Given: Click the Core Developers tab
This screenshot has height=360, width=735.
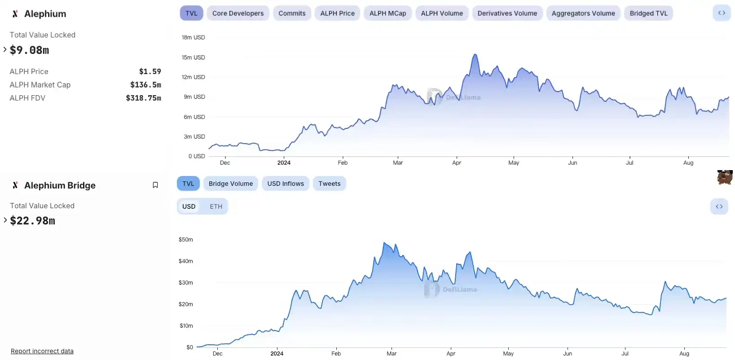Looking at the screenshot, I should tap(238, 13).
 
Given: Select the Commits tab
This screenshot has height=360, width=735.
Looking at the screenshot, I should tap(292, 13).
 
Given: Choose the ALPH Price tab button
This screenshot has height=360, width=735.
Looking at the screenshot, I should tap(337, 13).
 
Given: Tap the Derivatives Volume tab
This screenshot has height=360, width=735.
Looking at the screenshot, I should tap(507, 13).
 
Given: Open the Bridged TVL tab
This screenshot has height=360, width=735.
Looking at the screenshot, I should tap(648, 13).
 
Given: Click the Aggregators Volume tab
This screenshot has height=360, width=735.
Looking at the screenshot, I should tap(583, 13).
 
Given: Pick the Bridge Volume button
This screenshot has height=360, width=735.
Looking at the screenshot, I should tap(231, 184).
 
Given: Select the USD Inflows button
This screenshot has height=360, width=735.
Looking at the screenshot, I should tap(286, 184).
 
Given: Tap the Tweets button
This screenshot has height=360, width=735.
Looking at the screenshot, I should tap(330, 184).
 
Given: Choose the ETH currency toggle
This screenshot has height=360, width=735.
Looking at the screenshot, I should tap(216, 206).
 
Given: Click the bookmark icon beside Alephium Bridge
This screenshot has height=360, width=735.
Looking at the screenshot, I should tap(155, 185).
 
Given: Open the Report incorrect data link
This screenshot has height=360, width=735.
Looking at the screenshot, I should tap(42, 351).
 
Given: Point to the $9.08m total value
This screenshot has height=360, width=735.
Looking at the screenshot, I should tap(30, 50).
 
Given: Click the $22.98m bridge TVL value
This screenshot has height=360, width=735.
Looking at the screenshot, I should tap(33, 221).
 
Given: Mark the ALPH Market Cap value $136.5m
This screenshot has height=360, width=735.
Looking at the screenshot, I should tap(145, 85).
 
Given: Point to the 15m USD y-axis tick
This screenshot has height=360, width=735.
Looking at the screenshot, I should tap(193, 57).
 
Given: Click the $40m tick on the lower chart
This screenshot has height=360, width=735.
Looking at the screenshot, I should tap(186, 261).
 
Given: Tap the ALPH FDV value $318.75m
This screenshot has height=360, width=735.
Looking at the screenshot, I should tap(143, 98).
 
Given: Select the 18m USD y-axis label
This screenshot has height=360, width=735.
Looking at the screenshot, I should tap(193, 37).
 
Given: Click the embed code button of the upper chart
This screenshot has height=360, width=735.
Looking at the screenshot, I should tap(722, 13).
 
